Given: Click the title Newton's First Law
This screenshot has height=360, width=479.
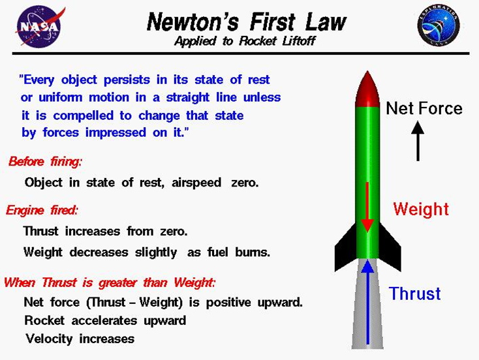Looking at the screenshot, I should point(246,22).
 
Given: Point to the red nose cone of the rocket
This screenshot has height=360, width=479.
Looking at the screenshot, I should point(367,89).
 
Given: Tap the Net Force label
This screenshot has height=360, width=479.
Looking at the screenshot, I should point(424,108).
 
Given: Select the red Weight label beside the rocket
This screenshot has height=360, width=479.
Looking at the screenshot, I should point(421,209).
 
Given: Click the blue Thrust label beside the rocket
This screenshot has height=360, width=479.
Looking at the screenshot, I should point(415,293).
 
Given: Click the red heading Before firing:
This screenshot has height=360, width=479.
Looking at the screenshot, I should point(46,161).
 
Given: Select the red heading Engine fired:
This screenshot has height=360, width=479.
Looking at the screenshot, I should point(42,210).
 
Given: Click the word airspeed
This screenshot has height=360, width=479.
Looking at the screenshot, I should point(198,183).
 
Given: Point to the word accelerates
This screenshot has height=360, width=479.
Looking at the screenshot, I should point(104,321).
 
